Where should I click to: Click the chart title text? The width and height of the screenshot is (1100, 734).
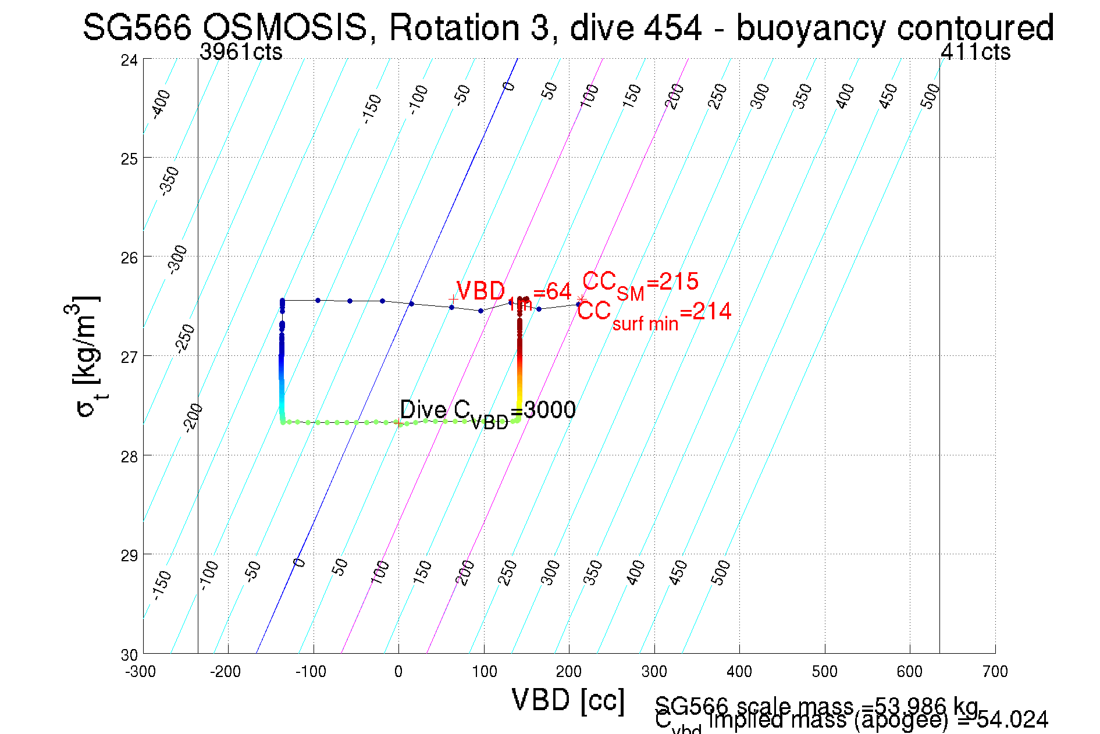tap(568, 27)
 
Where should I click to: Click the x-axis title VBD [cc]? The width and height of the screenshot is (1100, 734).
tap(568, 700)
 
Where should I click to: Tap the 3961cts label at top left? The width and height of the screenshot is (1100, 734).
tap(241, 52)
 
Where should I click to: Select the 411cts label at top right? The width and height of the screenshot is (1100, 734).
tap(976, 52)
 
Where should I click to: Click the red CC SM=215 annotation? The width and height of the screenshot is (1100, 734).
tap(640, 283)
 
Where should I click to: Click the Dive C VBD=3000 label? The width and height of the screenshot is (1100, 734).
tap(487, 411)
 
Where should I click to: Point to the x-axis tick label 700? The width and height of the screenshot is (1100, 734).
tap(995, 672)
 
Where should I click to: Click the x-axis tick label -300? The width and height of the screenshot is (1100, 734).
tap(140, 672)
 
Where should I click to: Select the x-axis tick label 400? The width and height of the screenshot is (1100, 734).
tap(739, 672)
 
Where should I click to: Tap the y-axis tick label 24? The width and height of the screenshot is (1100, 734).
tap(129, 60)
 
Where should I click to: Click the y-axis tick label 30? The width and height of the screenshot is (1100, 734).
tap(129, 655)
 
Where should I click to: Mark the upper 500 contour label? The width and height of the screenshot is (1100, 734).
tap(930, 96)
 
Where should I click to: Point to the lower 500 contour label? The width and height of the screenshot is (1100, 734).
tap(720, 572)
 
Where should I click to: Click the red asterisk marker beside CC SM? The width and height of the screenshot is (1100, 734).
tap(581, 300)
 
